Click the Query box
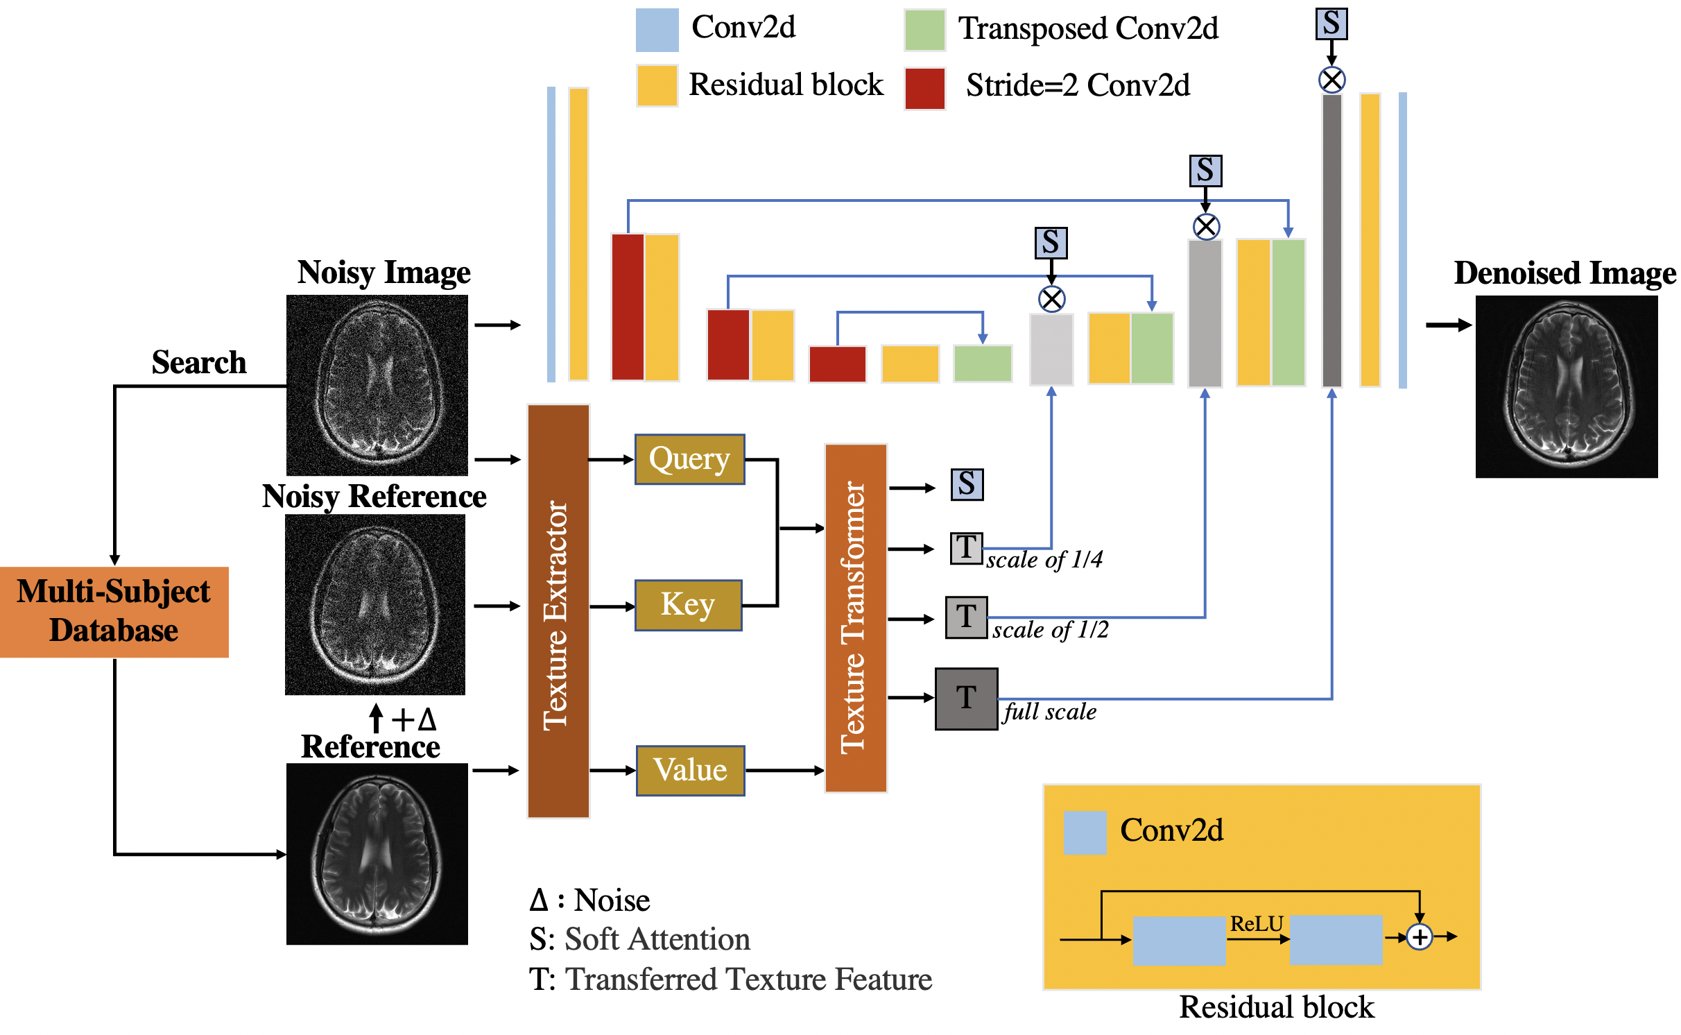(689, 459)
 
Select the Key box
(688, 605)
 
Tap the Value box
(690, 771)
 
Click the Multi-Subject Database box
(114, 612)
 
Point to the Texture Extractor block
(558, 611)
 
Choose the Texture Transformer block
(856, 618)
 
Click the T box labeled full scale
(966, 699)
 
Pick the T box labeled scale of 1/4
(966, 548)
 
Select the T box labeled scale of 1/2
(966, 617)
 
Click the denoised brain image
(1566, 386)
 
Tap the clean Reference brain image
(377, 854)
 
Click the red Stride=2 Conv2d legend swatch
(924, 88)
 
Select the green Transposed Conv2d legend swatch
(924, 31)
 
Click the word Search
(199, 363)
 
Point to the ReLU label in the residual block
(1256, 924)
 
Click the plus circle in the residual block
(1420, 937)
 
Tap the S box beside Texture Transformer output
(967, 484)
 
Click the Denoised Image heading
(1564, 273)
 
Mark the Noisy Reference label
(374, 497)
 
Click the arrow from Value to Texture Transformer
(784, 771)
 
